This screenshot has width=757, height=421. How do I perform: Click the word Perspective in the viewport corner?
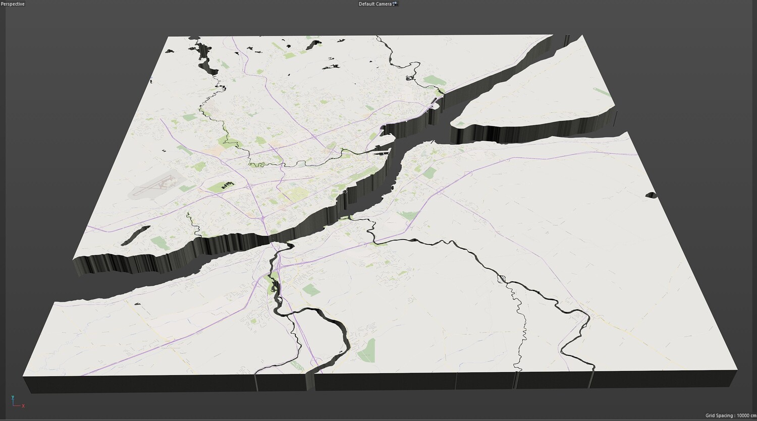[13, 4]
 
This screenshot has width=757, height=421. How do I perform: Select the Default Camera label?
[374, 4]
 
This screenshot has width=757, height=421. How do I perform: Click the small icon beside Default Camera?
[395, 4]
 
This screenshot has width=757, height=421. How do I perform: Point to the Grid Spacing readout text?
[729, 415]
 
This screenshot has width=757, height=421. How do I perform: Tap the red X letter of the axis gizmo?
[23, 406]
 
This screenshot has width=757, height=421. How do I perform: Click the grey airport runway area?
[154, 187]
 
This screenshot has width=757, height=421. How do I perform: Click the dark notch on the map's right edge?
[651, 195]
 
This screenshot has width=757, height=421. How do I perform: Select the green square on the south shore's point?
[429, 173]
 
